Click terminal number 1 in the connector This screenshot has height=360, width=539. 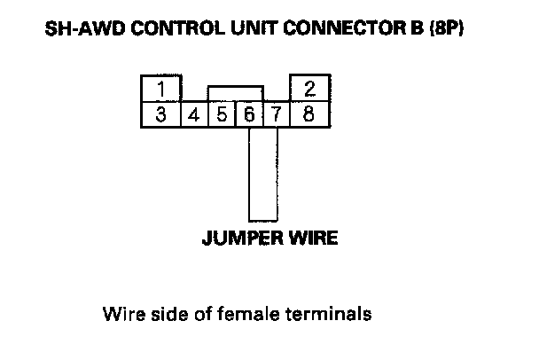tap(160, 89)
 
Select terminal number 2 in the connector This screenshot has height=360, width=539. tap(310, 89)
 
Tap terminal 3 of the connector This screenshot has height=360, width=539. tap(160, 114)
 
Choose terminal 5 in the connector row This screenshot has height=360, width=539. tap(223, 115)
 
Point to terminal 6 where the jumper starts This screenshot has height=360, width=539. tap(250, 115)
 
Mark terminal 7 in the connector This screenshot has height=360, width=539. tap(277, 115)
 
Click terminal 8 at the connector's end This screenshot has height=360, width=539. tap(310, 114)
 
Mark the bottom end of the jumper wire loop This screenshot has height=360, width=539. tap(263, 219)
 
